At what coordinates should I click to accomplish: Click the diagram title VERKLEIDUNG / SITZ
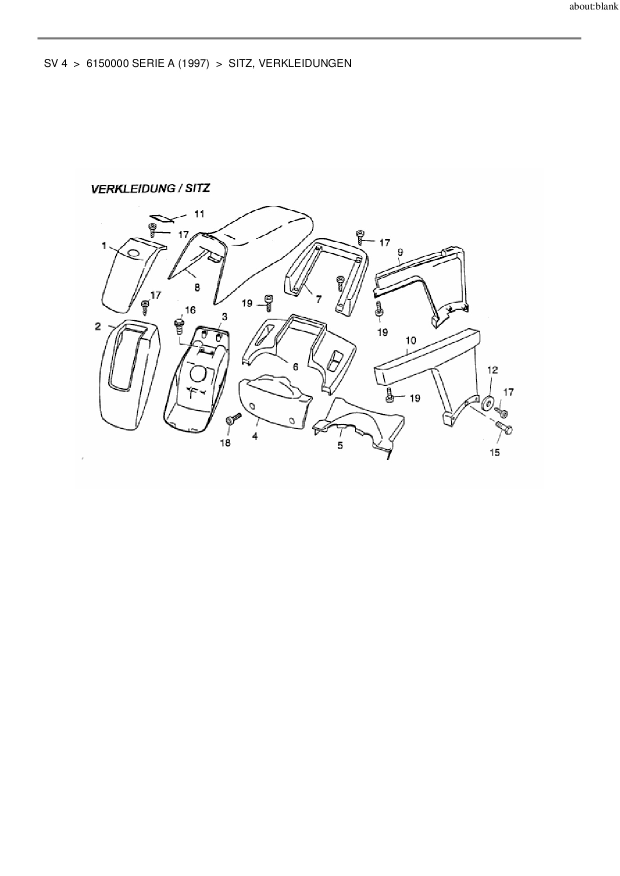[150, 189]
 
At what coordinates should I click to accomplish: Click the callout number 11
[199, 214]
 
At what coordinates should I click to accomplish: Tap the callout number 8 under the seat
[197, 287]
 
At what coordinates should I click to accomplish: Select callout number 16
[190, 310]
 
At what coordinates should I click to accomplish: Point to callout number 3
[224, 317]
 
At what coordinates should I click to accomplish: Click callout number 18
[225, 442]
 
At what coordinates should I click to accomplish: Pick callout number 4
[255, 436]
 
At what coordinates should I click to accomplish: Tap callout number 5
[340, 445]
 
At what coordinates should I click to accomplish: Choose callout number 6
[295, 367]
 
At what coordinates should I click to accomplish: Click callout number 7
[318, 299]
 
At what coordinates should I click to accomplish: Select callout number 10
[410, 341]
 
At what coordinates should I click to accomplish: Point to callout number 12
[492, 370]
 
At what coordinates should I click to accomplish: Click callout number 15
[494, 452]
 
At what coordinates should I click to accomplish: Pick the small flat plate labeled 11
[161, 217]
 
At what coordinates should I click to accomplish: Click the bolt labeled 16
[179, 326]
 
